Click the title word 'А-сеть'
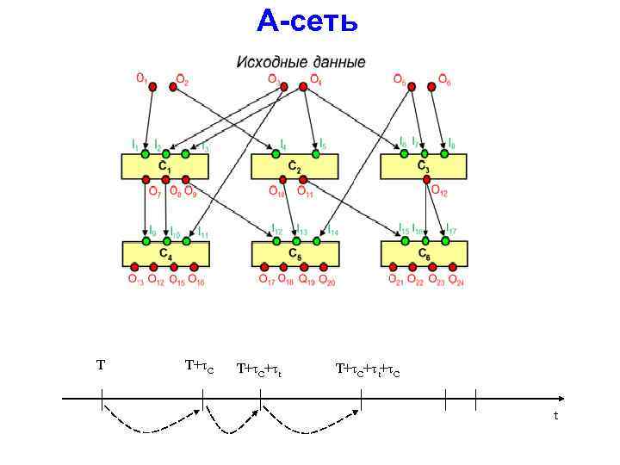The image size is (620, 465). pos(307,21)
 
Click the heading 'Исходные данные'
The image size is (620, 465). pos(301,63)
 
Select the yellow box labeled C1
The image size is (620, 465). pos(164,166)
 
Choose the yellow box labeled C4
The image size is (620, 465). pos(164,253)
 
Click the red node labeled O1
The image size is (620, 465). pos(152,86)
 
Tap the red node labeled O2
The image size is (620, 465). pos(172,86)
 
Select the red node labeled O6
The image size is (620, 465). pos(433,86)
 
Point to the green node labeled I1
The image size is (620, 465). pos(145,153)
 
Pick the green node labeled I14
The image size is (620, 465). pos(315,240)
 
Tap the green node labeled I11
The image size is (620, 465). pos(185,240)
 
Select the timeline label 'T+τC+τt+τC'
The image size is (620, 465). pos(368,370)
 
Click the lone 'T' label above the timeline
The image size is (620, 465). pos(101,365)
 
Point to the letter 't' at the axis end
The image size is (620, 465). pos(555,416)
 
